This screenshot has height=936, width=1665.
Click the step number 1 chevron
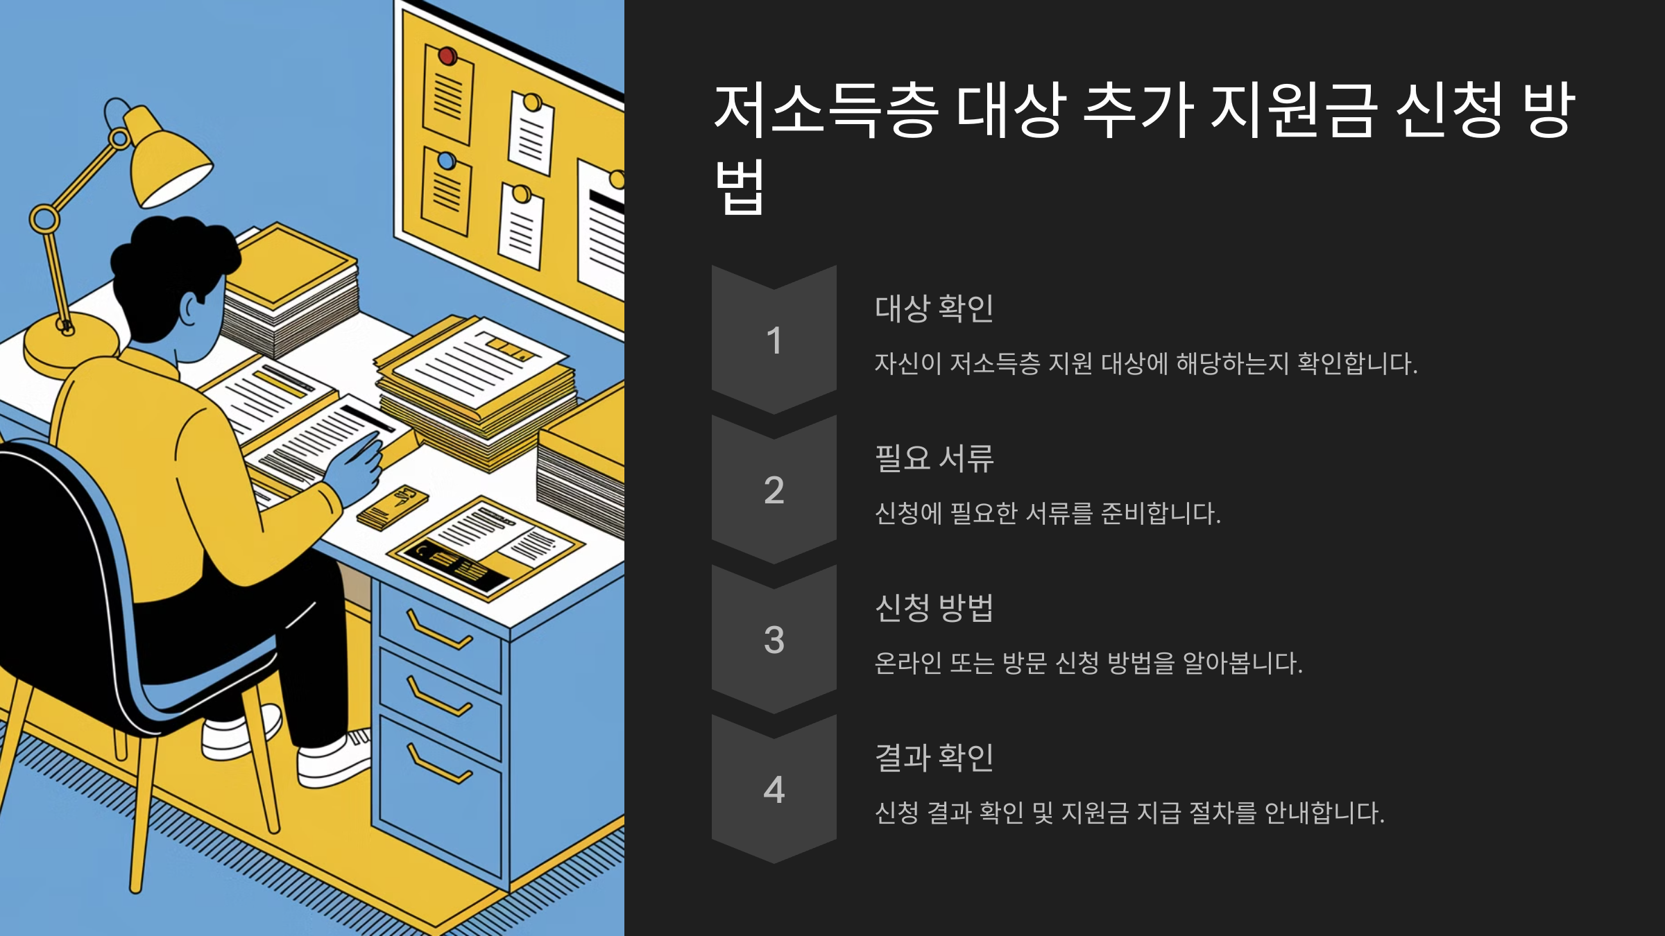tap(774, 340)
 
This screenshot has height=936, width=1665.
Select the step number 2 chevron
tap(774, 489)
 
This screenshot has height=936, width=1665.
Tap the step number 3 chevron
tap(774, 639)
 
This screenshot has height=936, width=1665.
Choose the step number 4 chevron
tap(774, 789)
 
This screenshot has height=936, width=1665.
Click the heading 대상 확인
tap(934, 309)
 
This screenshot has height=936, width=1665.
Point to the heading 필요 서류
tap(934, 458)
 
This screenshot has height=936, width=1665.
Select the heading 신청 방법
tap(934, 608)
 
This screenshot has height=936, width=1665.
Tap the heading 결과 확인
tap(934, 757)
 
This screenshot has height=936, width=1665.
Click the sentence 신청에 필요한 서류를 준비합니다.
tap(1047, 514)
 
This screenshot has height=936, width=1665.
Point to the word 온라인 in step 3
tap(907, 664)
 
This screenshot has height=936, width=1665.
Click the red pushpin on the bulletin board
tap(447, 55)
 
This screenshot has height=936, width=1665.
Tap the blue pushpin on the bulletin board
tap(446, 161)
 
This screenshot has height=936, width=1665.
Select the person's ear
tap(190, 309)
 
